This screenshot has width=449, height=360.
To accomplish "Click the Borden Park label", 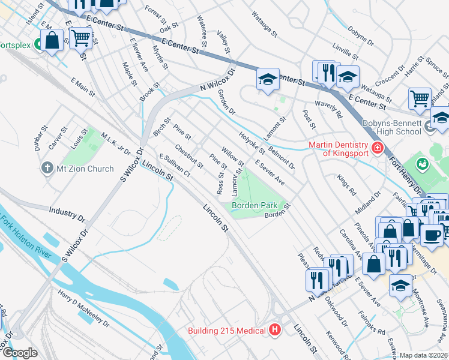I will coord(255,205).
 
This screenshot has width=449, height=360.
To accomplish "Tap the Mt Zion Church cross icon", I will coord(47,168).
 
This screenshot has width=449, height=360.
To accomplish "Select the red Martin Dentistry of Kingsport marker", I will coord(377,148).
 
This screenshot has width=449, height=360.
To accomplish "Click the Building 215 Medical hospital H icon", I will coord(275,329).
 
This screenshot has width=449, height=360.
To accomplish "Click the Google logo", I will coord(20,353).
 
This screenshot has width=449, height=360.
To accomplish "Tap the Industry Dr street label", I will coord(67,214).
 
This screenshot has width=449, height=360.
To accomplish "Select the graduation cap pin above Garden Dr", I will coord(268,79).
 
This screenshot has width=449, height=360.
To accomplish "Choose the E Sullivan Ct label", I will coord(175,165).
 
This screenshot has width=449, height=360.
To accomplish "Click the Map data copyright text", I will coord(423,355).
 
